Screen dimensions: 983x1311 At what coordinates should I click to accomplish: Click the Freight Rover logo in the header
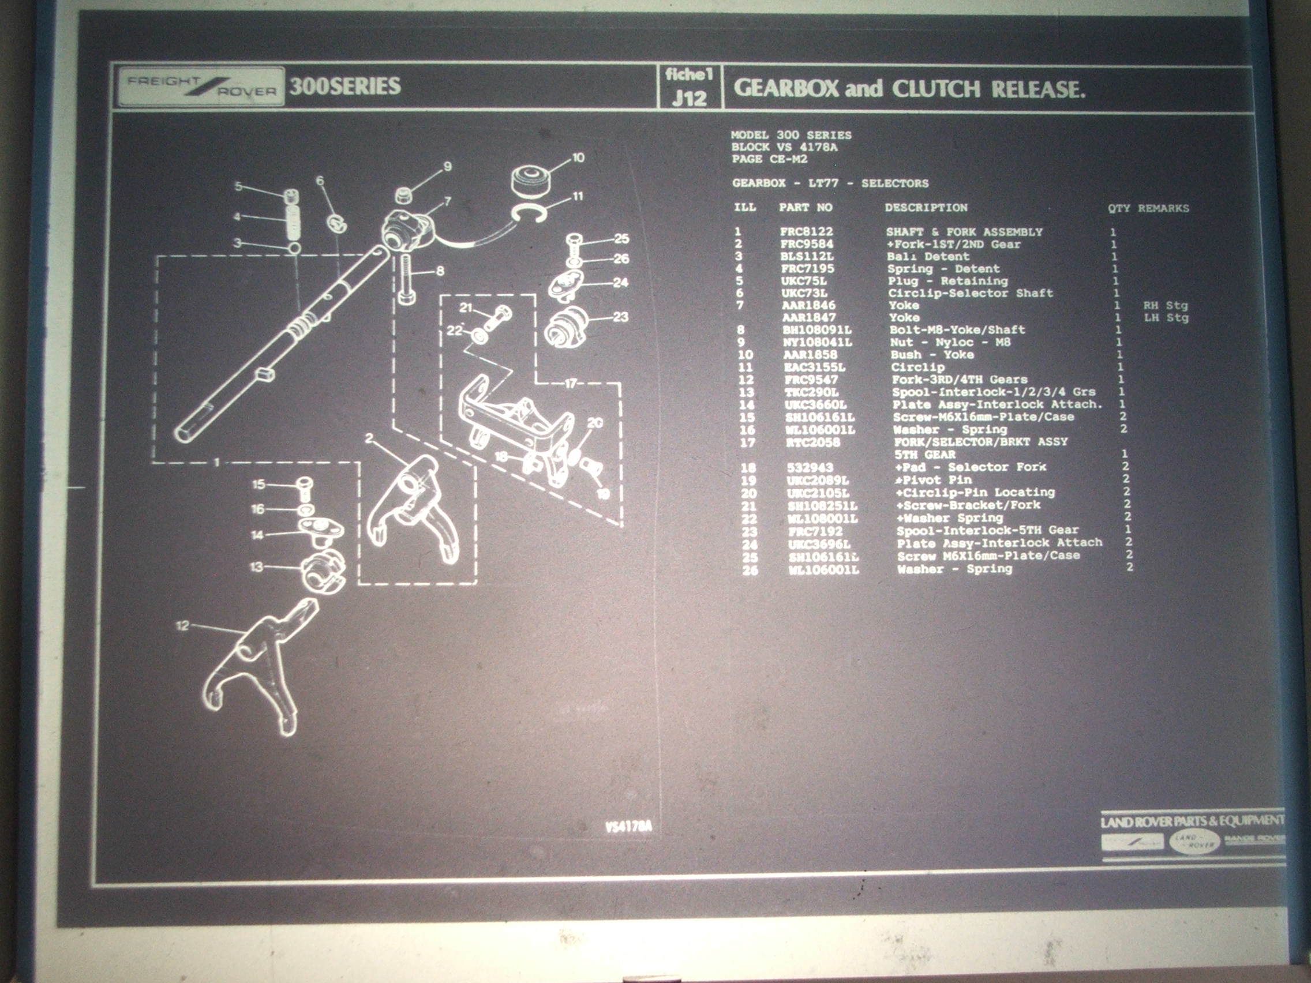[200, 87]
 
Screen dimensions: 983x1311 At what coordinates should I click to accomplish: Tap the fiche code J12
[690, 99]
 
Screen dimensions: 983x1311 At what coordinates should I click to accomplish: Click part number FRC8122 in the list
[806, 232]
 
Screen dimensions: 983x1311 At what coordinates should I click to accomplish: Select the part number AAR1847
[808, 318]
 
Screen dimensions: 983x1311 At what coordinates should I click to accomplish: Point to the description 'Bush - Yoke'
[932, 355]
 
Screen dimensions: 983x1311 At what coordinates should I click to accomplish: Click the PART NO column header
[806, 207]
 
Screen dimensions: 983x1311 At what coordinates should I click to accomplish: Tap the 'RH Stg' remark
[1165, 306]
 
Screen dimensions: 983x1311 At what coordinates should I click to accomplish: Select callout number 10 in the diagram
[578, 157]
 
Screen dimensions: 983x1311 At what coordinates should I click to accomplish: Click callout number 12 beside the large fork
[182, 625]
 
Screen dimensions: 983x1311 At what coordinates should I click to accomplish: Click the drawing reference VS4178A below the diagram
[628, 827]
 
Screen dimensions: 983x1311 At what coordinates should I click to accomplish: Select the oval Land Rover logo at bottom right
[1194, 842]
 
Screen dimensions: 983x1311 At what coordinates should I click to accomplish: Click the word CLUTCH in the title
[936, 89]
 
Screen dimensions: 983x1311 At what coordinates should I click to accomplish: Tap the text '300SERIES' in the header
[345, 87]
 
